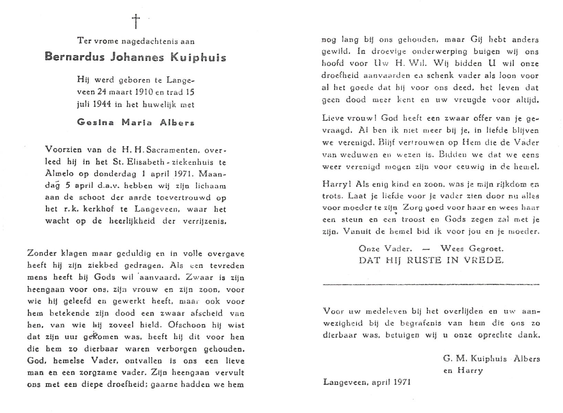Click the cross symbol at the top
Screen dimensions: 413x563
click(x=136, y=21)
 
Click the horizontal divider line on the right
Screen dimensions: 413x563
click(x=430, y=284)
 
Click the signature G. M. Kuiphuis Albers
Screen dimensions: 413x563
click(x=491, y=359)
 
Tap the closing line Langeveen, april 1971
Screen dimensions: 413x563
click(x=367, y=382)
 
